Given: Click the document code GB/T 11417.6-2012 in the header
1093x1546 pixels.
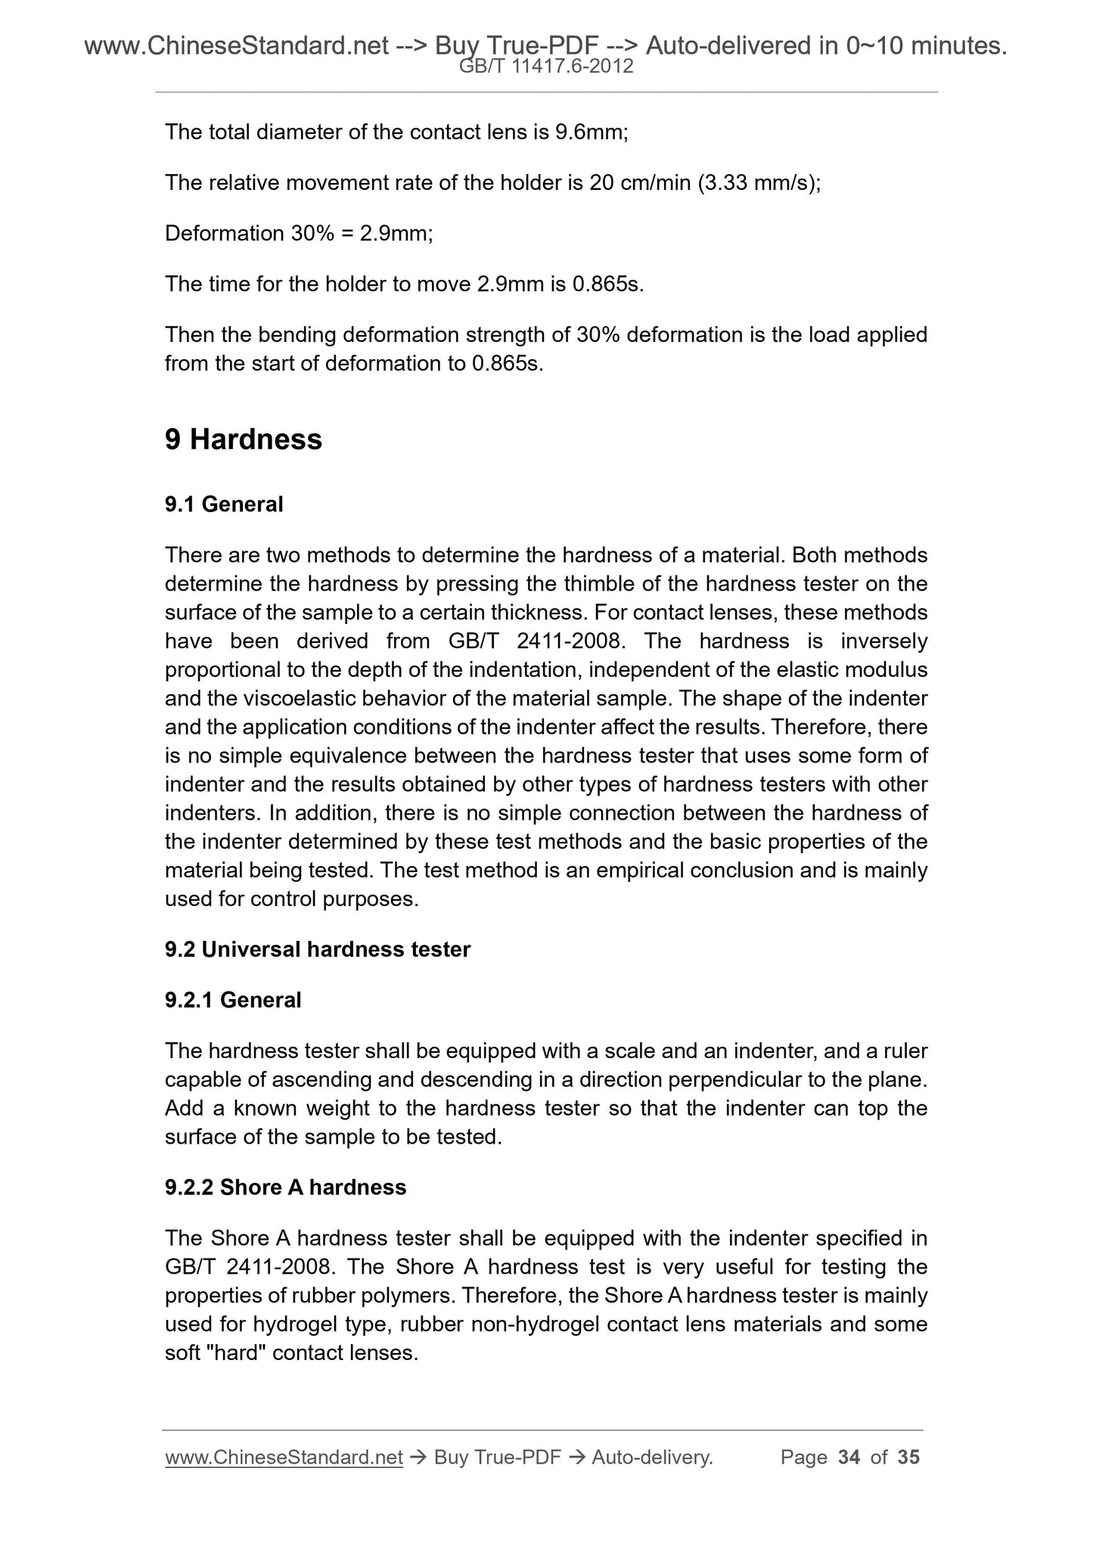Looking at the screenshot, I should point(546,67).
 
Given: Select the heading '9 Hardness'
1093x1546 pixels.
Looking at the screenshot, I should point(243,439).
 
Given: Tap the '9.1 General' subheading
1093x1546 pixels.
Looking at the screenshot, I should point(224,504).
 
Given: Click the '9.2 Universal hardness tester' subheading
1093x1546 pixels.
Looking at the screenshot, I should point(318,949).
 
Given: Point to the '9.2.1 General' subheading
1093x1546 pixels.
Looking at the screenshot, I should point(233,1000).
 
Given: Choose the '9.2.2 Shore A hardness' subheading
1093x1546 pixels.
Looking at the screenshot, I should point(285,1187).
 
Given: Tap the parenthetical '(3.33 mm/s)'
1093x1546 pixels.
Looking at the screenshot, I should point(759,183).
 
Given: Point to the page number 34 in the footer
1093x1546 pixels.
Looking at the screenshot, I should point(849,1458).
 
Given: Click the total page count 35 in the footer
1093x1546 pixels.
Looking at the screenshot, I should point(908,1458).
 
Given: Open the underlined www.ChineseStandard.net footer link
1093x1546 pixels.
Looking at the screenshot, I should point(284,1458).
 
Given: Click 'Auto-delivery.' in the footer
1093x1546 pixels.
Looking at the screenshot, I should point(652,1458).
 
